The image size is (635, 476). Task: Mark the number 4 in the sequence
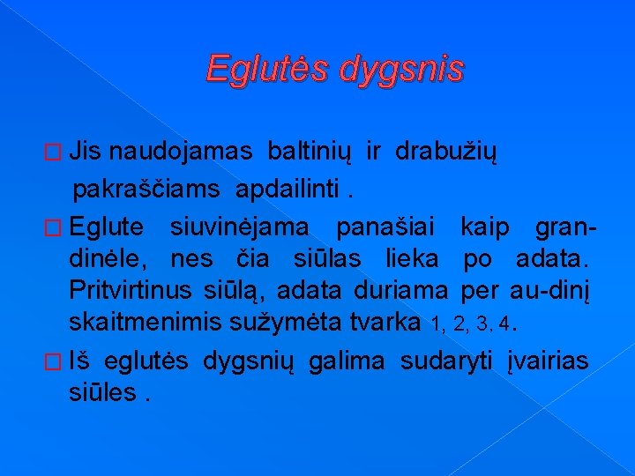pyautogui.click(x=503, y=324)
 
